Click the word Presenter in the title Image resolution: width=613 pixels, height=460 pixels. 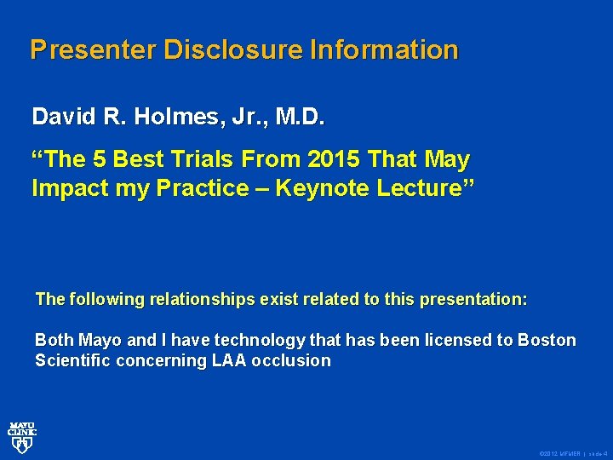click(x=93, y=49)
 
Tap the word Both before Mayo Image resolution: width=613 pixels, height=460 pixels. click(x=54, y=341)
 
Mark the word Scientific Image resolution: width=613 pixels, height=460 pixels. click(x=74, y=361)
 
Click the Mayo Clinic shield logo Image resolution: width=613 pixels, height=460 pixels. click(x=22, y=435)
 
